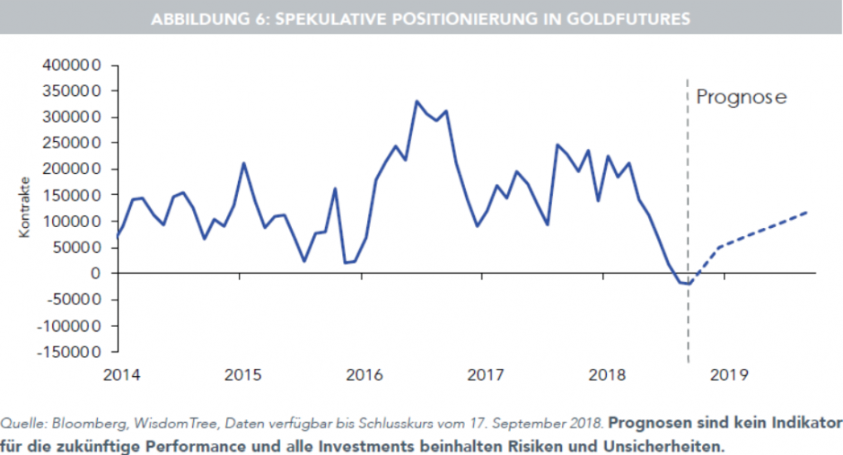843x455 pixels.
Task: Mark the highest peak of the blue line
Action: [x=417, y=101]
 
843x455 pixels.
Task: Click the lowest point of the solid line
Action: [x=688, y=284]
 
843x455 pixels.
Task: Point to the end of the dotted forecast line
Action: [x=806, y=213]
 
